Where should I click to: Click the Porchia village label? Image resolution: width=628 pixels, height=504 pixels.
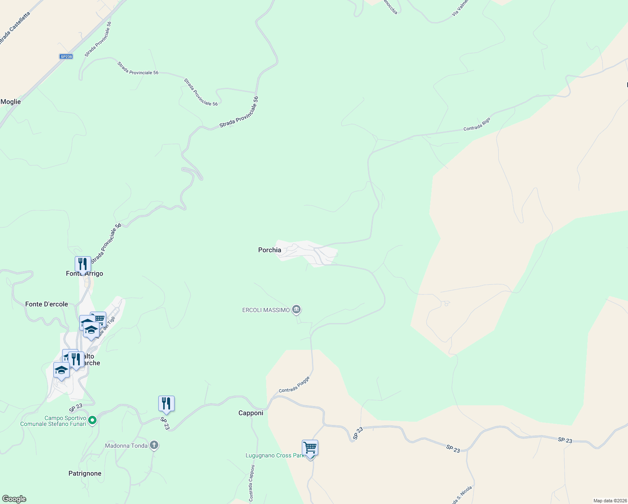tap(270, 250)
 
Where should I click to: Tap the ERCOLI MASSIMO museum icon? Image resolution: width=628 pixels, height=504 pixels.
tap(296, 310)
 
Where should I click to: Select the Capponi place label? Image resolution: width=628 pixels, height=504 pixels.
tap(251, 413)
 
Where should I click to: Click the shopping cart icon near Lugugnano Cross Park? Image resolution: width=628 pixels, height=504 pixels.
tap(310, 448)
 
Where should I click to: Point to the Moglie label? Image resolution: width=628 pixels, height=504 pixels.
tap(10, 102)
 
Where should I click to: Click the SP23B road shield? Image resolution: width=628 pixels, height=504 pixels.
tap(66, 57)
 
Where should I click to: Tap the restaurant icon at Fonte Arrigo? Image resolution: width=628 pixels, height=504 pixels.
tap(83, 264)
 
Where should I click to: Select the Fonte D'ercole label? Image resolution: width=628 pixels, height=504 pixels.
tap(47, 304)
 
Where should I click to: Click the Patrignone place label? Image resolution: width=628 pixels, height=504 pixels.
tap(85, 473)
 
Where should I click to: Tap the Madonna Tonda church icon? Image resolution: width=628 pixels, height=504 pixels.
tap(154, 445)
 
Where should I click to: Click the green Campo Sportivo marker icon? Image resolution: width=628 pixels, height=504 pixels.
tap(93, 420)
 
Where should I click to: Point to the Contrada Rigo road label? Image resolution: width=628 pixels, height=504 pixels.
tap(477, 124)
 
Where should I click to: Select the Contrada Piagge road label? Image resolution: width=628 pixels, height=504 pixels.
tap(294, 384)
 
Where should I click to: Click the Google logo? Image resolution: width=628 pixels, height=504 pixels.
tap(14, 499)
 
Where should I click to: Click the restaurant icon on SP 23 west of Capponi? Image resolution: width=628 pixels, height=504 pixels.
tap(166, 404)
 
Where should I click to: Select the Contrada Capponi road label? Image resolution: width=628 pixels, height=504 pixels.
tap(251, 483)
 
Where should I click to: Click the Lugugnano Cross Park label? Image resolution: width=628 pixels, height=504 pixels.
tap(275, 455)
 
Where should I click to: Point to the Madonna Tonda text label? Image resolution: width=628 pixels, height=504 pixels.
tap(126, 446)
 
